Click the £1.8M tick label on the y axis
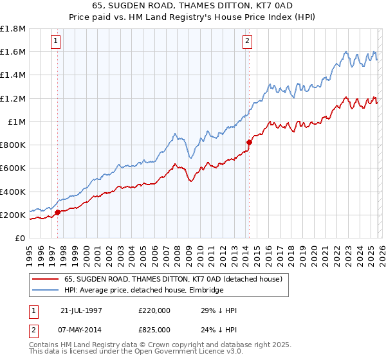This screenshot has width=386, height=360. pyautogui.click(x=13, y=28)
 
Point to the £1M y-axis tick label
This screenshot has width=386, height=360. pyautogui.click(x=16, y=122)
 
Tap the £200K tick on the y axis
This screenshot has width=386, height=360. pyautogui.click(x=13, y=215)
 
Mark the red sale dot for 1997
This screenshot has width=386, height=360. pyautogui.click(x=58, y=212)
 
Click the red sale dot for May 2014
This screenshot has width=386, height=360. pyautogui.click(x=249, y=141)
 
